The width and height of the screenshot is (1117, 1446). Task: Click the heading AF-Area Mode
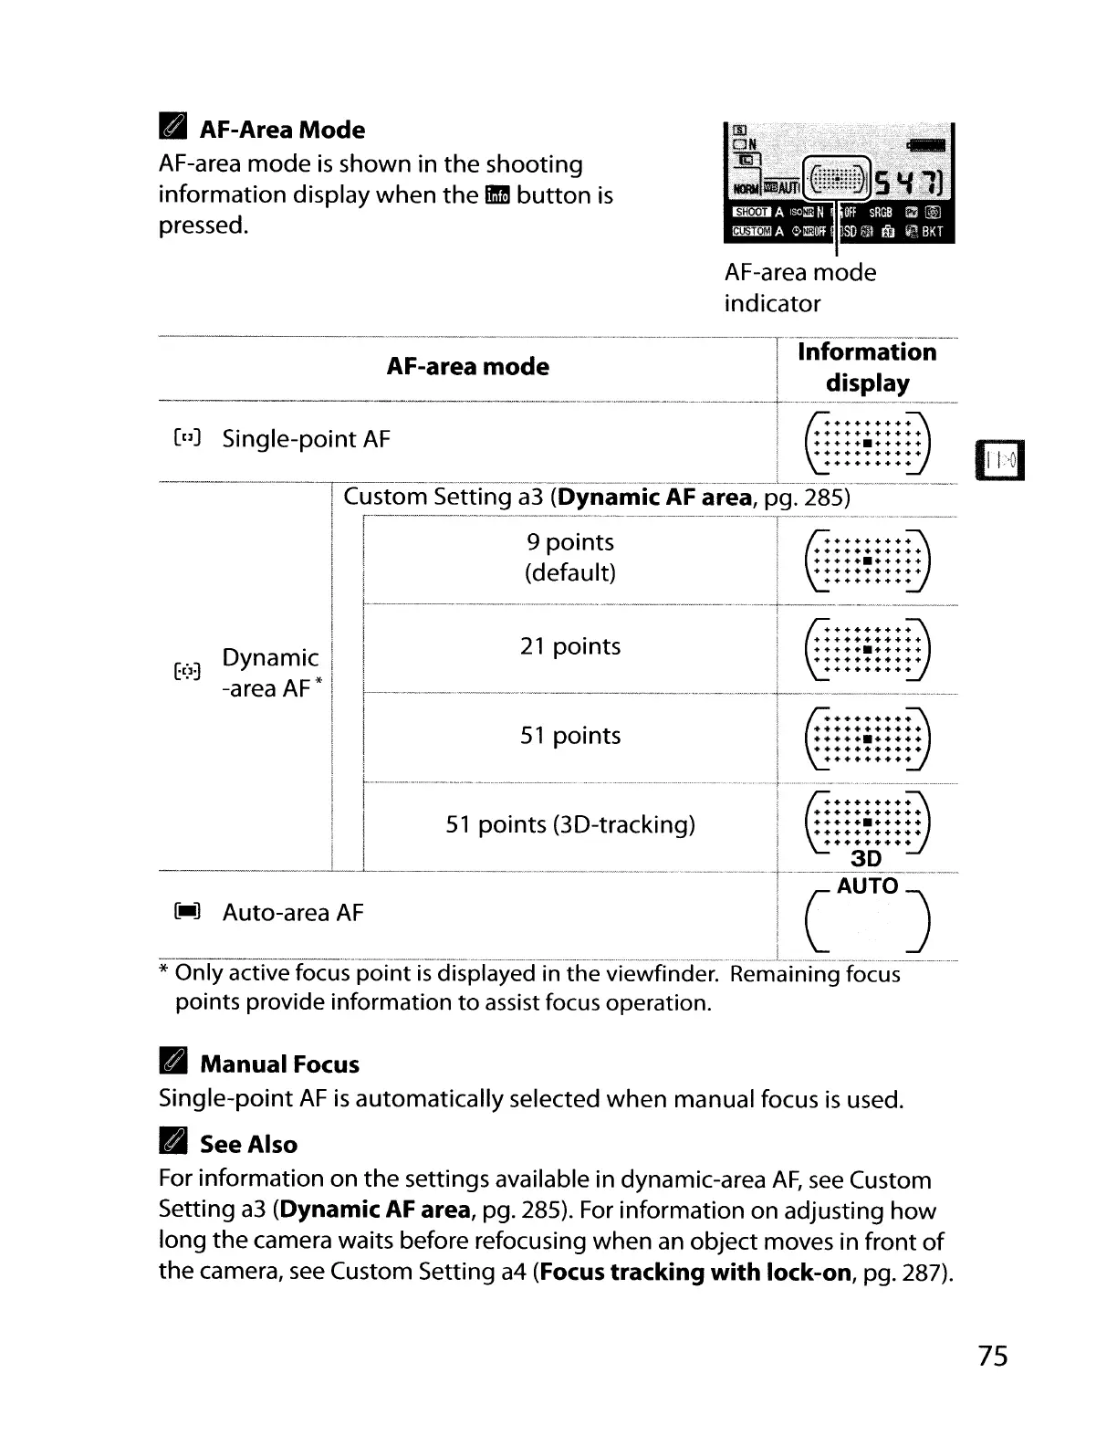point(282,130)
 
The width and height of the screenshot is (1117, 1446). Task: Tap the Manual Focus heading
point(279,1064)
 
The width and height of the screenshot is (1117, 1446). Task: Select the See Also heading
point(248,1145)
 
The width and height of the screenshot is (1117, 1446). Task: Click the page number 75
point(993,1357)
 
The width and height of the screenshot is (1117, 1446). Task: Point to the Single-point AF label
point(306,439)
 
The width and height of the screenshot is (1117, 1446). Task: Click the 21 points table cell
point(569,646)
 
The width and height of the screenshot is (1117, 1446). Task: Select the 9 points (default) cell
point(569,557)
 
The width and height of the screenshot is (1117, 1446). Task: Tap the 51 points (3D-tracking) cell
point(569,824)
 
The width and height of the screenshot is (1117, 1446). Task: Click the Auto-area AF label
point(292,913)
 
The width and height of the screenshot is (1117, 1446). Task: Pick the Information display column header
point(866,368)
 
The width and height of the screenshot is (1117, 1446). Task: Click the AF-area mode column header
point(467,367)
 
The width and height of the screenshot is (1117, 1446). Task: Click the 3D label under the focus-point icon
point(866,859)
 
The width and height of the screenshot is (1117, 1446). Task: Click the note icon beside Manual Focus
point(172,1064)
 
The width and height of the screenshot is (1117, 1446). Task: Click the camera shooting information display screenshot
point(838,183)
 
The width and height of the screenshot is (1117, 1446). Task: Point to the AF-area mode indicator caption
point(799,288)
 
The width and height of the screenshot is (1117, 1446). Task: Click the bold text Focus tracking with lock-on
point(694,1273)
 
